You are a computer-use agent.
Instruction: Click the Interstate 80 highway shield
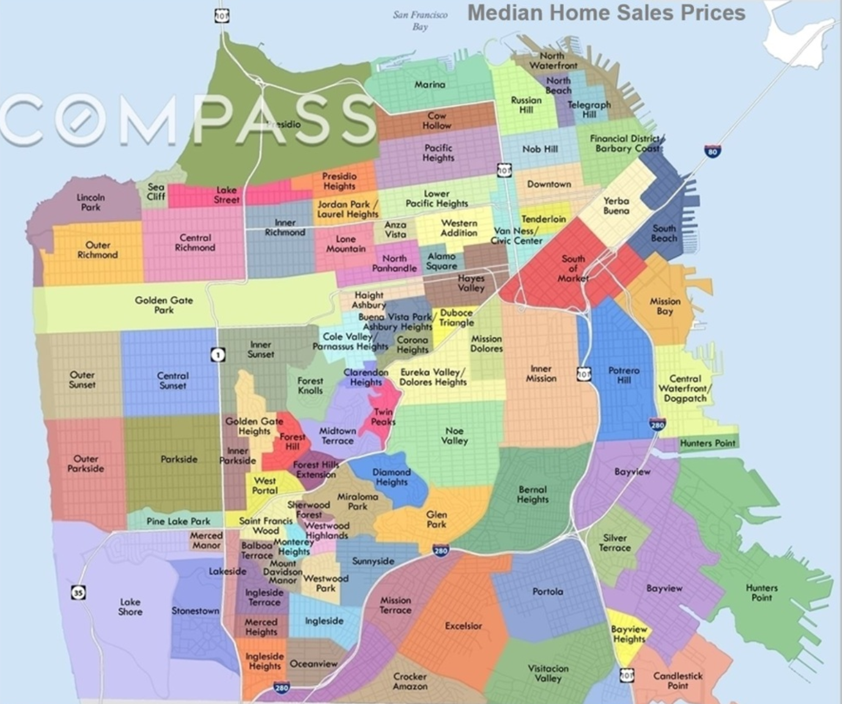point(712,151)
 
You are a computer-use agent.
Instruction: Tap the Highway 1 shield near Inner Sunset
point(218,354)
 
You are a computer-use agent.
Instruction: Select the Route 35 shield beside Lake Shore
point(78,592)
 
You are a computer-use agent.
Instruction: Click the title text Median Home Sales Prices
point(606,12)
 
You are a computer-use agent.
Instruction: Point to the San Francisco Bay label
point(420,20)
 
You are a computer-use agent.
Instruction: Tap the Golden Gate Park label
point(164,305)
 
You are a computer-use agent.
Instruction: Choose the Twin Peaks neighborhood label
point(383,417)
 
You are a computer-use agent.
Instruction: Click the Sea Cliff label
point(156,191)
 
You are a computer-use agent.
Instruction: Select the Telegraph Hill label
point(589,109)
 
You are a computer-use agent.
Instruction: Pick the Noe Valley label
point(454,435)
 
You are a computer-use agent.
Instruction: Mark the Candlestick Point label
point(678,680)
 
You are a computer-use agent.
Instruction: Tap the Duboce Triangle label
point(456,317)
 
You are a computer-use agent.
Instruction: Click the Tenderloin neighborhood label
point(544,218)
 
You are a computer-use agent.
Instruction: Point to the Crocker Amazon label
point(410,681)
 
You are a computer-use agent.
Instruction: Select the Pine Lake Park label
point(178,521)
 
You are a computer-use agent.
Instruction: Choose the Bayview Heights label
point(629,634)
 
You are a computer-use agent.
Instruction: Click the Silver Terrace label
point(615,543)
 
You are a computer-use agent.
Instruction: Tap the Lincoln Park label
point(90,202)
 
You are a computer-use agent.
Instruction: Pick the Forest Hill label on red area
point(292,441)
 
